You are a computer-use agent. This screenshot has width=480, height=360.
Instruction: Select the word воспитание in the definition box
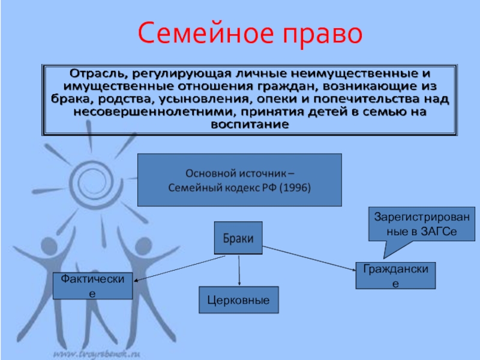[250, 125]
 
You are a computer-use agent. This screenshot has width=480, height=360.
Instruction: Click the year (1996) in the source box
[290, 187]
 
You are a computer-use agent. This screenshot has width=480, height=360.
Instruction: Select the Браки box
[239, 238]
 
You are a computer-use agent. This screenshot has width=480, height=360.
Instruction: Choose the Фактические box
[92, 285]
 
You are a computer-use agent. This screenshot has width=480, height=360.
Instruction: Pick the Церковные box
[239, 299]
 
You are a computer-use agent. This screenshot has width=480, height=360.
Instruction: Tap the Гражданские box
[395, 276]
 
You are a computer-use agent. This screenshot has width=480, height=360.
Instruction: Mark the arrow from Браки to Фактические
[180, 267]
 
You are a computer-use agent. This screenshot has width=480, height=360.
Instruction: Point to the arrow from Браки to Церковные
[239, 270]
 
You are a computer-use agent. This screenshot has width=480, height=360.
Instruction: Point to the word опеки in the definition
[310, 99]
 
